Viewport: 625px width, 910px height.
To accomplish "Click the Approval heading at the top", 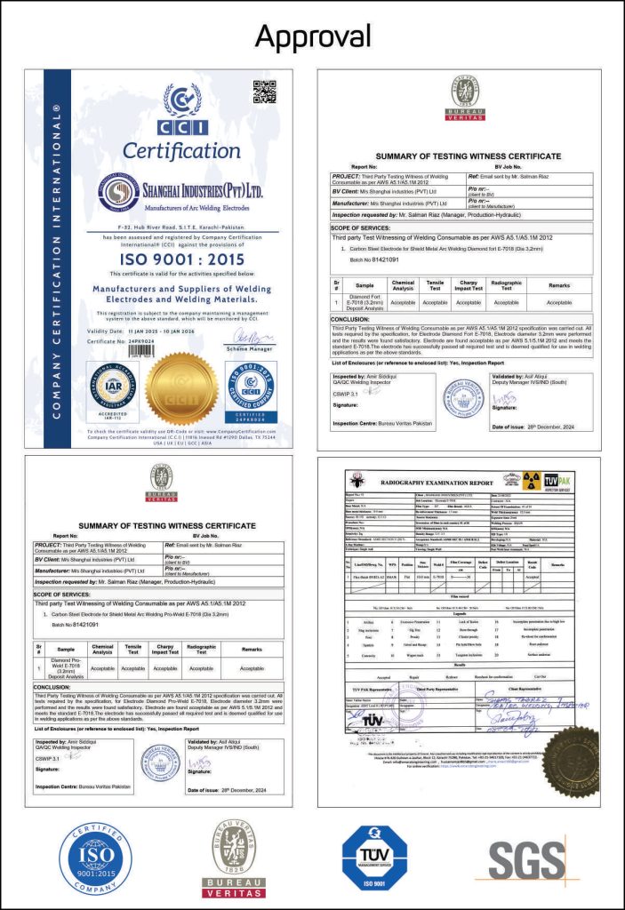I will click(x=312, y=35).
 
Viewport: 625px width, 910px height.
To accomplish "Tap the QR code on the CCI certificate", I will click(x=264, y=92).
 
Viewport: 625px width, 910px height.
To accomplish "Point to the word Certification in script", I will click(x=181, y=150).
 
